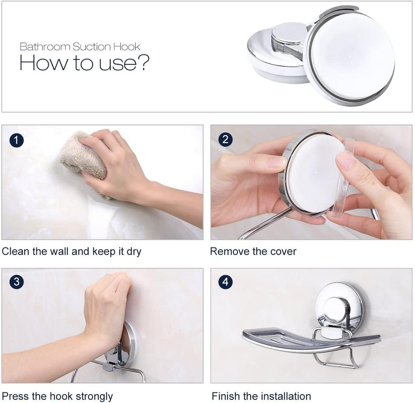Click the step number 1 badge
click(x=16, y=140)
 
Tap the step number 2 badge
click(x=225, y=139)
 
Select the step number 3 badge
click(x=16, y=282)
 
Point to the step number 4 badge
click(x=225, y=282)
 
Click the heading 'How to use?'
click(x=84, y=62)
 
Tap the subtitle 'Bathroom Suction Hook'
click(x=80, y=47)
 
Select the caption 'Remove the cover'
click(x=253, y=251)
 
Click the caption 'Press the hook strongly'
click(x=57, y=397)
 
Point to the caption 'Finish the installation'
click(x=261, y=396)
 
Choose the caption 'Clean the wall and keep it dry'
click(x=71, y=251)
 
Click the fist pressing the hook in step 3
click(x=107, y=307)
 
